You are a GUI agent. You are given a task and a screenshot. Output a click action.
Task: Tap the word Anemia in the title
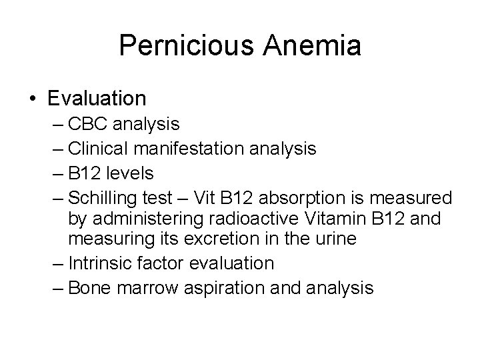(x=305, y=46)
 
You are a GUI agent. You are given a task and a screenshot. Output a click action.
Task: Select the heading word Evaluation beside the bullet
(x=97, y=99)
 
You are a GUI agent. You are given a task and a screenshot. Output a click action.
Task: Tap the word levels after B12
(x=129, y=174)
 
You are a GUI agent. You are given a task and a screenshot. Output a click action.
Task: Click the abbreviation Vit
(x=204, y=199)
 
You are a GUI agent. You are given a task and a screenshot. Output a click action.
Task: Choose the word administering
(x=147, y=218)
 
